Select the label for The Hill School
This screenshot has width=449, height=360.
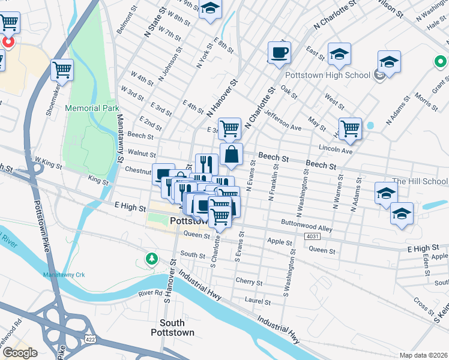[x=420, y=181]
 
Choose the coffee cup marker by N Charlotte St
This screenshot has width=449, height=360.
[x=279, y=52]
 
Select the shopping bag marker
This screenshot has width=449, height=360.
[x=231, y=155]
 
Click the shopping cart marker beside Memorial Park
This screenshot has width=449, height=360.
[x=62, y=70]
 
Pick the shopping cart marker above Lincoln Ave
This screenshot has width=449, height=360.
[x=350, y=128]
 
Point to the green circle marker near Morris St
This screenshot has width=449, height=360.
[x=441, y=61]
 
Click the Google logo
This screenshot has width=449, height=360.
[x=19, y=353]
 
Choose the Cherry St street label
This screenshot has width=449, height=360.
[x=249, y=281]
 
